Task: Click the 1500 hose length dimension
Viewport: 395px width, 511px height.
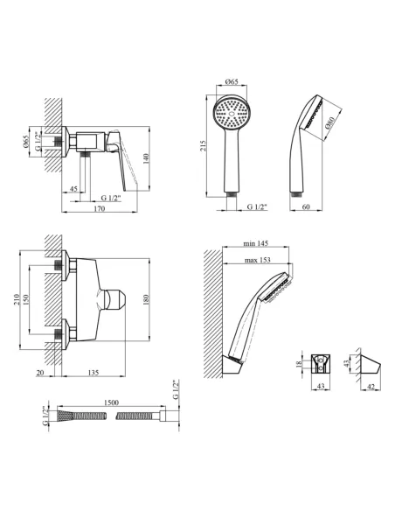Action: tap(111, 402)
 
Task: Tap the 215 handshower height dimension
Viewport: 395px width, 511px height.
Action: tap(203, 145)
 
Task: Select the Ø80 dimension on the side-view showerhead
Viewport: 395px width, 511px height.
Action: tap(329, 122)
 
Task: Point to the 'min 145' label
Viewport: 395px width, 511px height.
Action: tap(256, 243)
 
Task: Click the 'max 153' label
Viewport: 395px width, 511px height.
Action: tap(258, 260)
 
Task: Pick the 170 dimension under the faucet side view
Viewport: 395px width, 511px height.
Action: tap(100, 208)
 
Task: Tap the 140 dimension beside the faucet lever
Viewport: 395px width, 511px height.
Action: tap(146, 158)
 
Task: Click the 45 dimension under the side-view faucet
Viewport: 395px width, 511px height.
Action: tap(73, 189)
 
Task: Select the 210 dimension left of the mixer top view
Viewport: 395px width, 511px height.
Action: tap(17, 299)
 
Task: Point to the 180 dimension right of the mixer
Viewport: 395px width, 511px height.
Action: tap(145, 299)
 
